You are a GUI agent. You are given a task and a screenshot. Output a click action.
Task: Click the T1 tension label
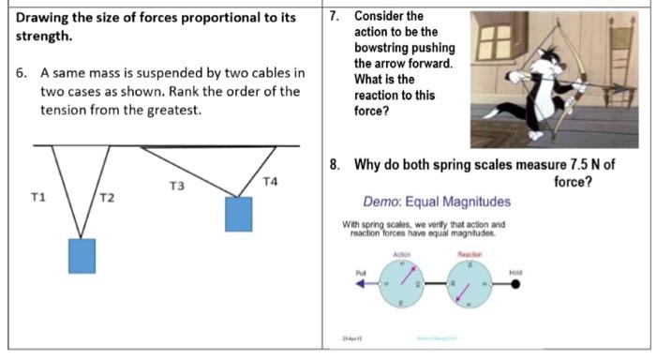pyautogui.click(x=38, y=197)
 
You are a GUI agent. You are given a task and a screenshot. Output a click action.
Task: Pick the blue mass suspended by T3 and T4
pyautogui.click(x=239, y=214)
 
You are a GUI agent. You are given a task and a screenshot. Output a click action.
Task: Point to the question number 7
pyautogui.click(x=337, y=16)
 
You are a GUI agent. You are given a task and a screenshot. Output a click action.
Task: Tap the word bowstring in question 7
pyautogui.click(x=392, y=48)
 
